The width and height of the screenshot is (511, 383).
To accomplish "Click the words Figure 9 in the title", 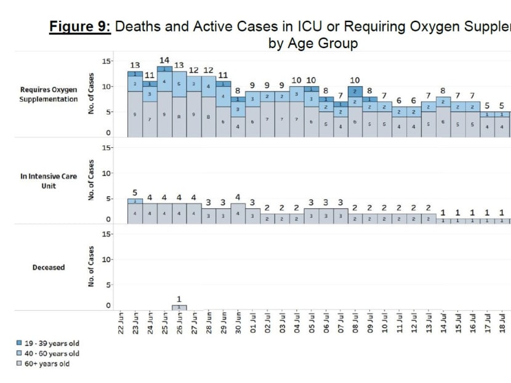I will tap(79, 27).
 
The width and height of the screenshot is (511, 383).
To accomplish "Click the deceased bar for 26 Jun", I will tap(179, 307).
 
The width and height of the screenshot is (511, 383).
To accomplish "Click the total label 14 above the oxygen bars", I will tap(164, 60).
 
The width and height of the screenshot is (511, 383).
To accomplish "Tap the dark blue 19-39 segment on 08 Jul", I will tap(356, 91).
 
